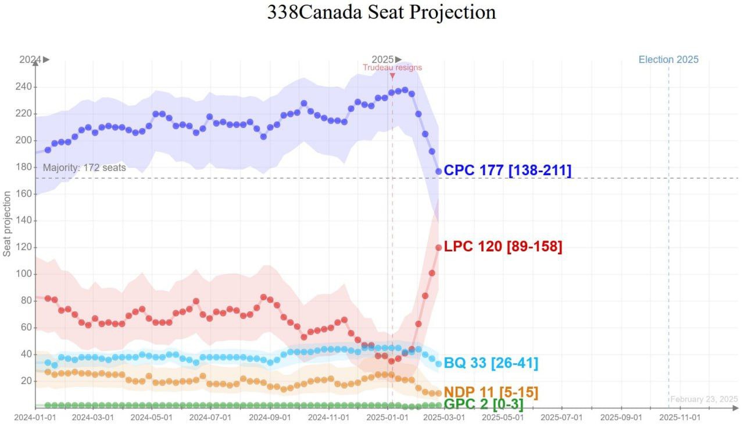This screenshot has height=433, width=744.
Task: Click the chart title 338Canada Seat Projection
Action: point(381,12)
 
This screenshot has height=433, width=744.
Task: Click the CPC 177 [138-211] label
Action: point(507,171)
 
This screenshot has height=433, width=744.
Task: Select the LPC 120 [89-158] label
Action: point(503,247)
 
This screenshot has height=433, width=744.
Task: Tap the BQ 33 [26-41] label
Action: point(491,364)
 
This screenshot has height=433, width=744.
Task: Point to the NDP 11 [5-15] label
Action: point(491,392)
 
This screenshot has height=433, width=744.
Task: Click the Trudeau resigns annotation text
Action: point(392,68)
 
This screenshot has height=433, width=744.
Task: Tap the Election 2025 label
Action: point(668,59)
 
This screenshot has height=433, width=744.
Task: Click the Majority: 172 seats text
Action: point(84,168)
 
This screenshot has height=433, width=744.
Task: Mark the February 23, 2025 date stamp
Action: point(704,399)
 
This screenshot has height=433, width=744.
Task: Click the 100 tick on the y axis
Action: point(23,274)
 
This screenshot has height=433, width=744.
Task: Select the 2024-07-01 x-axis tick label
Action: point(210,417)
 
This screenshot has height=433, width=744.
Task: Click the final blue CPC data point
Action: point(439,171)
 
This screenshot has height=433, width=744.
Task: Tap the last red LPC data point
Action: point(439,247)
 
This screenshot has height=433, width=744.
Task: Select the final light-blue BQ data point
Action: point(439,364)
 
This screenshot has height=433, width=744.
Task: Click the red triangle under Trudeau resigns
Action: point(392,76)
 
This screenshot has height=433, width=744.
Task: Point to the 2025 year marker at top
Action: point(383,59)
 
